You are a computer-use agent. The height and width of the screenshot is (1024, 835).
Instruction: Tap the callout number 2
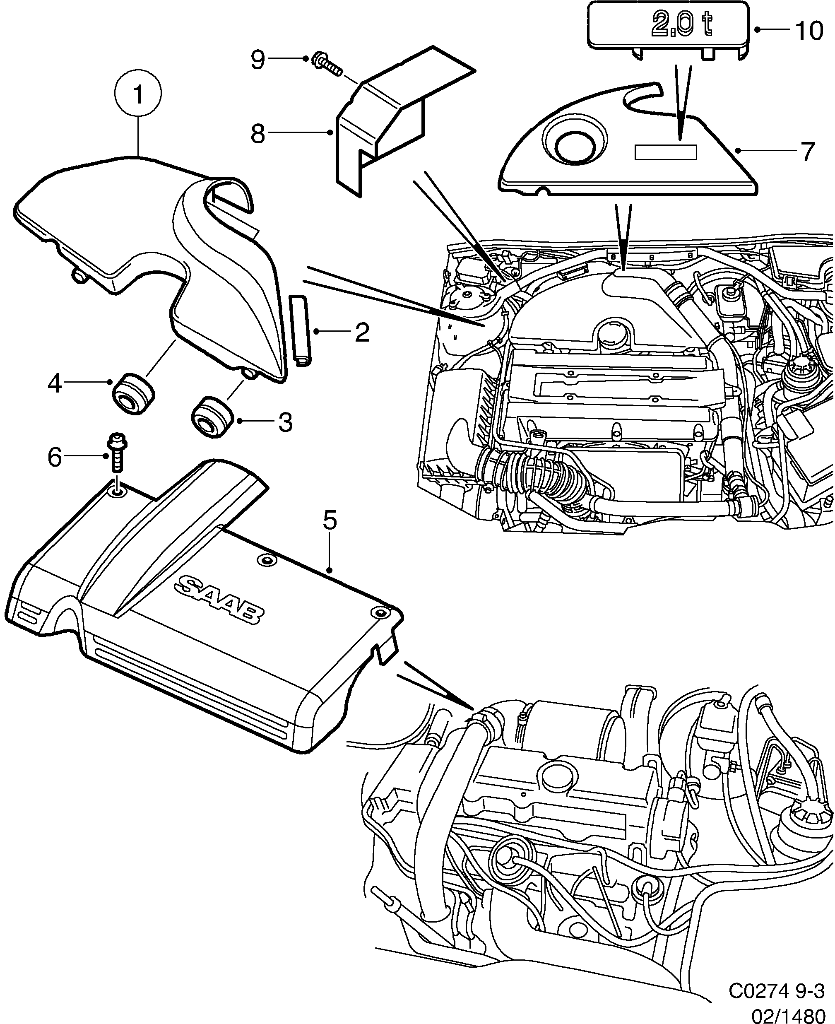(x=362, y=332)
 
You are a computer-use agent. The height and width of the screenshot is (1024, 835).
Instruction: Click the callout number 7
(x=807, y=152)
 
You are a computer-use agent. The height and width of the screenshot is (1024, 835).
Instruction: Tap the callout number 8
(x=258, y=134)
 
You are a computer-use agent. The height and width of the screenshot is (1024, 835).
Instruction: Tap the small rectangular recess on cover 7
(x=666, y=152)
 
